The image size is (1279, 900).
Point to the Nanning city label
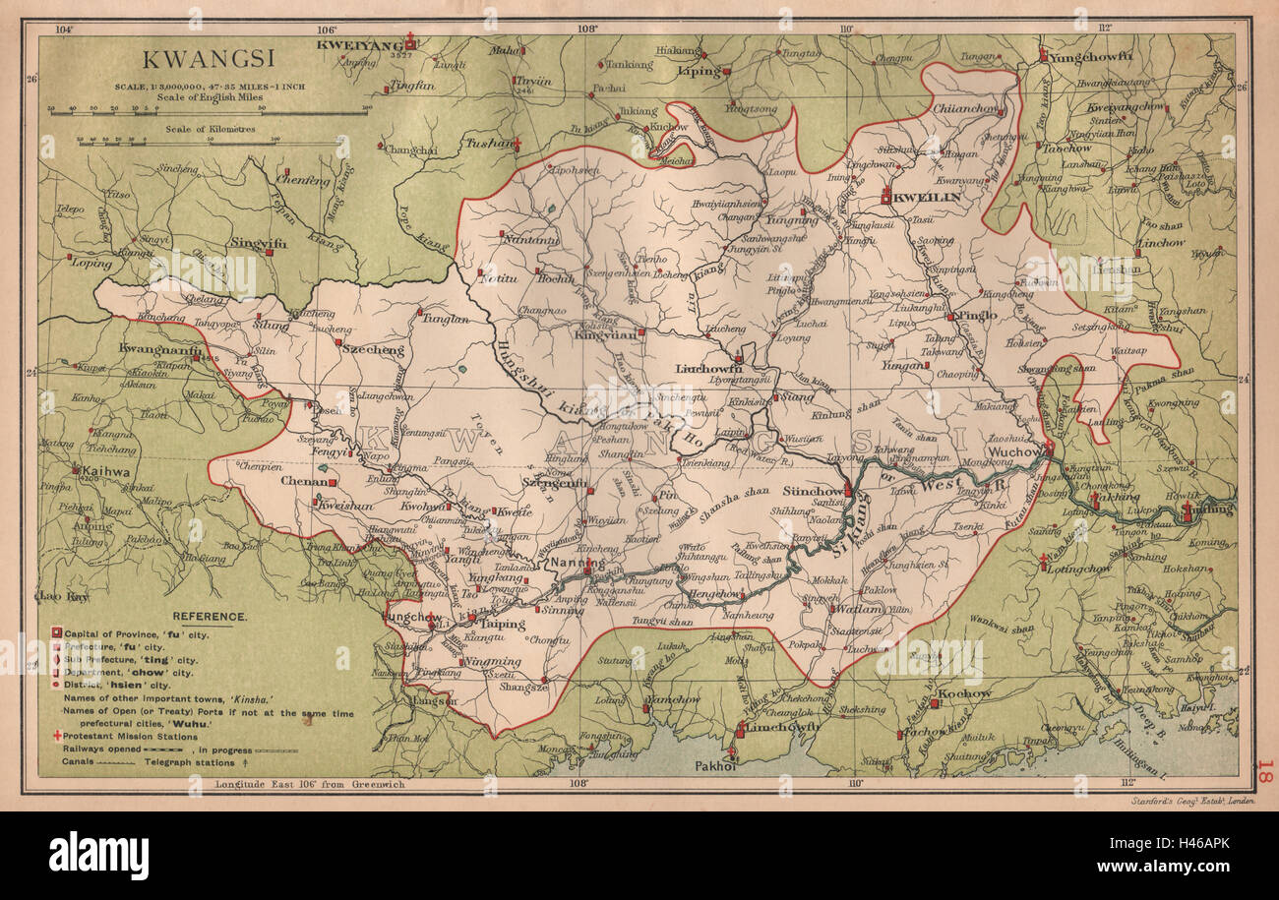tap(578, 564)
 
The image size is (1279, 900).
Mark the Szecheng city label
tap(373, 349)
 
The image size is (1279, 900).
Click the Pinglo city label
tap(975, 315)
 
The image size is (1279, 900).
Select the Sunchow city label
tap(813, 490)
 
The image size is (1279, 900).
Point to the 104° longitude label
tap(65, 29)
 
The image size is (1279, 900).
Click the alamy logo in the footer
tap(98, 856)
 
